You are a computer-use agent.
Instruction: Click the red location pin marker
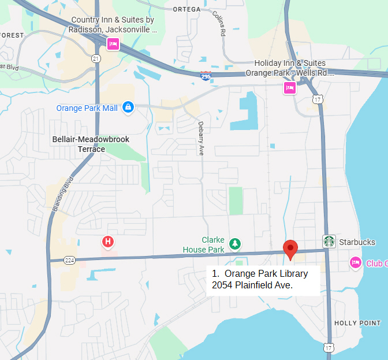pos(290,248)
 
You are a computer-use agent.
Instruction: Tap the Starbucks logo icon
pos(329,242)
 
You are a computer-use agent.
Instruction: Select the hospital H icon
pos(107,242)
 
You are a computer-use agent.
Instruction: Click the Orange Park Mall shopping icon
pos(128,107)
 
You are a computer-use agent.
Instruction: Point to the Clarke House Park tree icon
pos(234,244)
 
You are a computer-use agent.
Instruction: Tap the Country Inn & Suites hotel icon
pos(113,44)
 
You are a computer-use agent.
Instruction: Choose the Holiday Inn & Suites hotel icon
pos(289,87)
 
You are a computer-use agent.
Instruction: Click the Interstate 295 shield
pos(206,75)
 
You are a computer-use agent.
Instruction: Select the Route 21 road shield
pos(95,59)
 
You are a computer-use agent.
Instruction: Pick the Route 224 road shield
pos(70,261)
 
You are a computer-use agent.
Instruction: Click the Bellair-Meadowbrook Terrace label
pos(91,144)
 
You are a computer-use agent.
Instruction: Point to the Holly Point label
pos(357,323)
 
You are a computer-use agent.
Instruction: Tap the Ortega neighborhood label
pos(186,9)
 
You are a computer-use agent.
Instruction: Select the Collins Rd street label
pos(218,24)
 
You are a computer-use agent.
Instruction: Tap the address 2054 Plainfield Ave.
pos(252,285)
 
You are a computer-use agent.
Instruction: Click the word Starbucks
pos(357,242)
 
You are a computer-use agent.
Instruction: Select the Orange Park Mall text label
pos(87,108)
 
